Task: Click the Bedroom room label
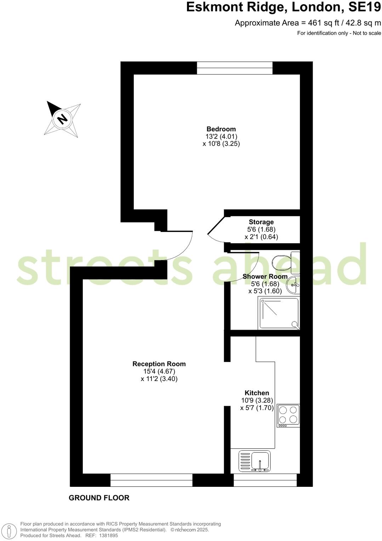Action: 221,129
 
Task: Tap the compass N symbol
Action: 63,119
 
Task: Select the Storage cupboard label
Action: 261,222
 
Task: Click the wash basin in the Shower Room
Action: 292,285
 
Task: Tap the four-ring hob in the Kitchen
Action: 288,415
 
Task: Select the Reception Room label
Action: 159,364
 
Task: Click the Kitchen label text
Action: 257,393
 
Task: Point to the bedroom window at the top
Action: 235,68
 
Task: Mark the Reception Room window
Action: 151,480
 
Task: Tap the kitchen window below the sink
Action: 265,480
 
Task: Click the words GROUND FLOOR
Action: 99,498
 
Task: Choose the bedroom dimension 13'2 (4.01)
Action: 221,136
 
